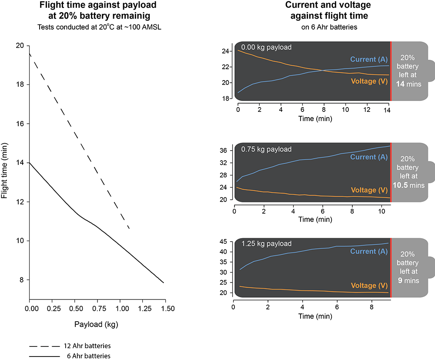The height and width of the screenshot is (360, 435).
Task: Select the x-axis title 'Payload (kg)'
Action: coord(97,324)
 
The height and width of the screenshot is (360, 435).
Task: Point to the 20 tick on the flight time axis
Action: coord(20,46)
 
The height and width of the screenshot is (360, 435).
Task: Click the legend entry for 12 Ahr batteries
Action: coord(70,346)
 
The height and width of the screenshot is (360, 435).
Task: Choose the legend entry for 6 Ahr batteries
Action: coord(70,356)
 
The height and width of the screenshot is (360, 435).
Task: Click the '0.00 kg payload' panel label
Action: coord(266,47)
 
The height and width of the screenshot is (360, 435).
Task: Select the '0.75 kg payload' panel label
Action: coord(266,149)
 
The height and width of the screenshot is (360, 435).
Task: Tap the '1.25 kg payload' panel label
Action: coord(266,243)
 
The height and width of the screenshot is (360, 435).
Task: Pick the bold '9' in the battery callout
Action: coord(400,281)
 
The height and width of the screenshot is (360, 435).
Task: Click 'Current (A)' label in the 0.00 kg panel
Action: coord(369,60)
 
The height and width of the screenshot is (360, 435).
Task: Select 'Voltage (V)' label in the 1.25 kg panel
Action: coord(369,286)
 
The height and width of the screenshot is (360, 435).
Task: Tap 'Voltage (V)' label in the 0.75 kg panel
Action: coord(369,190)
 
